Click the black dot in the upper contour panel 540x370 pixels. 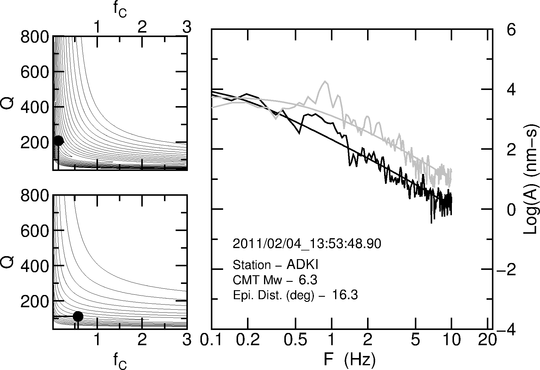pos(58,140)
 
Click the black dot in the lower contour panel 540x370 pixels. pos(78,316)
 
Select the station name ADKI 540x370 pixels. pos(302,265)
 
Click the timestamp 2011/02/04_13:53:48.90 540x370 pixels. pos(307,244)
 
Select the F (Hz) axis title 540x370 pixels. pos(349,360)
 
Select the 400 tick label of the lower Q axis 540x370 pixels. pos(35,266)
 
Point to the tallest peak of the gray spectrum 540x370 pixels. pos(325,81)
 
